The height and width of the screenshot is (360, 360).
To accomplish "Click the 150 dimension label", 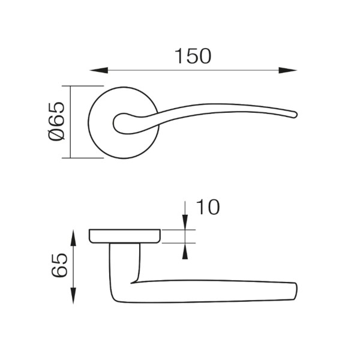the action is [193, 56].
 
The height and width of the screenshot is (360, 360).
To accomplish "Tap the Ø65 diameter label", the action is [57, 121].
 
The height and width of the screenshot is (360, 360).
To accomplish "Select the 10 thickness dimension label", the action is [208, 207].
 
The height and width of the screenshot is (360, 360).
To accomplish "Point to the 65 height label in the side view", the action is [59, 265].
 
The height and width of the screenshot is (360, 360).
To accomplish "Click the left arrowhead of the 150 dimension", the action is [99, 70].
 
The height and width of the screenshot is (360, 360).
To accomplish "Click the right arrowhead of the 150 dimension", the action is [287, 70].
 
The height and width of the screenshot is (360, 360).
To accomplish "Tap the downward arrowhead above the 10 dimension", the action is [185, 222].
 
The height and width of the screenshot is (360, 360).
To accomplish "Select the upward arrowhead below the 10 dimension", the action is [185, 251].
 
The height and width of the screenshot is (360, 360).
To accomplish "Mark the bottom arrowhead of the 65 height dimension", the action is [73, 295].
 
